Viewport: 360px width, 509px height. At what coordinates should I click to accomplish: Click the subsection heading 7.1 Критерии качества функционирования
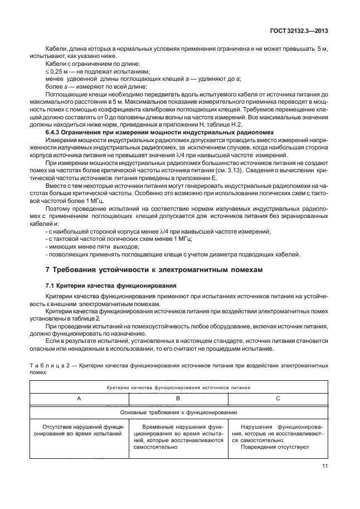pos(111,285)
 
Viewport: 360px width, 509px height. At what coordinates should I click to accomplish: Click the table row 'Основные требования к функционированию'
pos(178,413)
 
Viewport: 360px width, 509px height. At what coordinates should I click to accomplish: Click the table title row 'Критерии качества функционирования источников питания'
pos(178,386)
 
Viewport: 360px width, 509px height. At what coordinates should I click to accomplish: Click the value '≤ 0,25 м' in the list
pos(56,71)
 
